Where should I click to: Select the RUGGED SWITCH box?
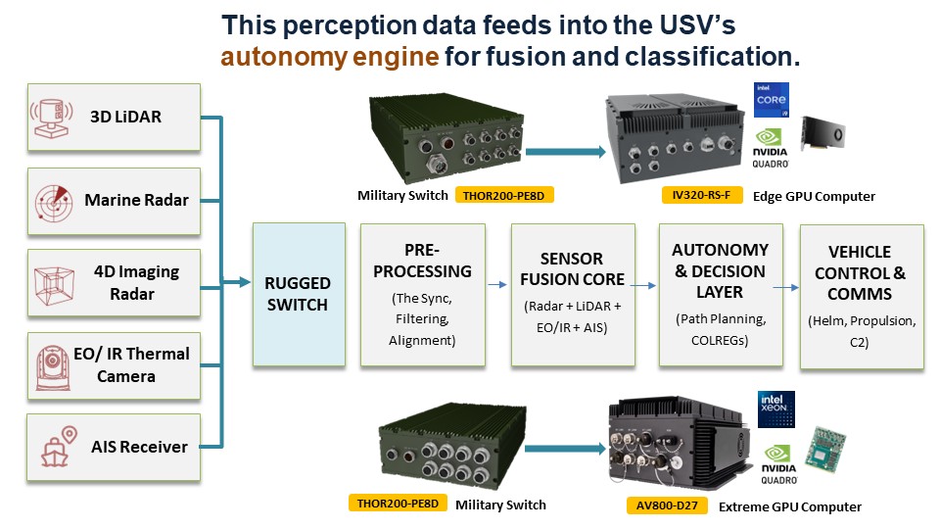299,293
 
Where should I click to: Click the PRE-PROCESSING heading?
423,260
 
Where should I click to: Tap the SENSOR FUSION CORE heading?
572,269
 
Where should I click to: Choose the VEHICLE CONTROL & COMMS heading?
861,273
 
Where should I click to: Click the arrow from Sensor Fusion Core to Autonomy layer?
642,286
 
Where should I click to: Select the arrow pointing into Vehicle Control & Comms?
785,288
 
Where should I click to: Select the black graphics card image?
822,133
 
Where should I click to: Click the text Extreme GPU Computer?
790,506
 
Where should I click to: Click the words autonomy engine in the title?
329,56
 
